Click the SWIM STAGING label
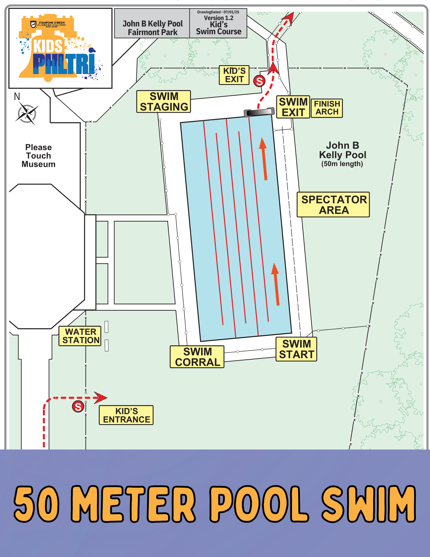pos(164,102)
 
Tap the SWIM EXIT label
pos(293,107)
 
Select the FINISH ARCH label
pos(327,108)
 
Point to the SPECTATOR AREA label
pos(333,205)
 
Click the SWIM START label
pos(296,349)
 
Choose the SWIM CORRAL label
pos(197,357)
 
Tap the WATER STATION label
pos(80,336)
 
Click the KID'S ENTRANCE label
pos(126,415)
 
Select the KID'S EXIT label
pos(234,75)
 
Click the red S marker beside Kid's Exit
pos(259,81)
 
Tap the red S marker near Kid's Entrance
pos(78,407)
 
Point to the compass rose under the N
pos(27,114)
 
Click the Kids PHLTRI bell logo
pos(60,49)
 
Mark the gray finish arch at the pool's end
pos(259,112)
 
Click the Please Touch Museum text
pos(38,156)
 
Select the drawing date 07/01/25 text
pos(218,12)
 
